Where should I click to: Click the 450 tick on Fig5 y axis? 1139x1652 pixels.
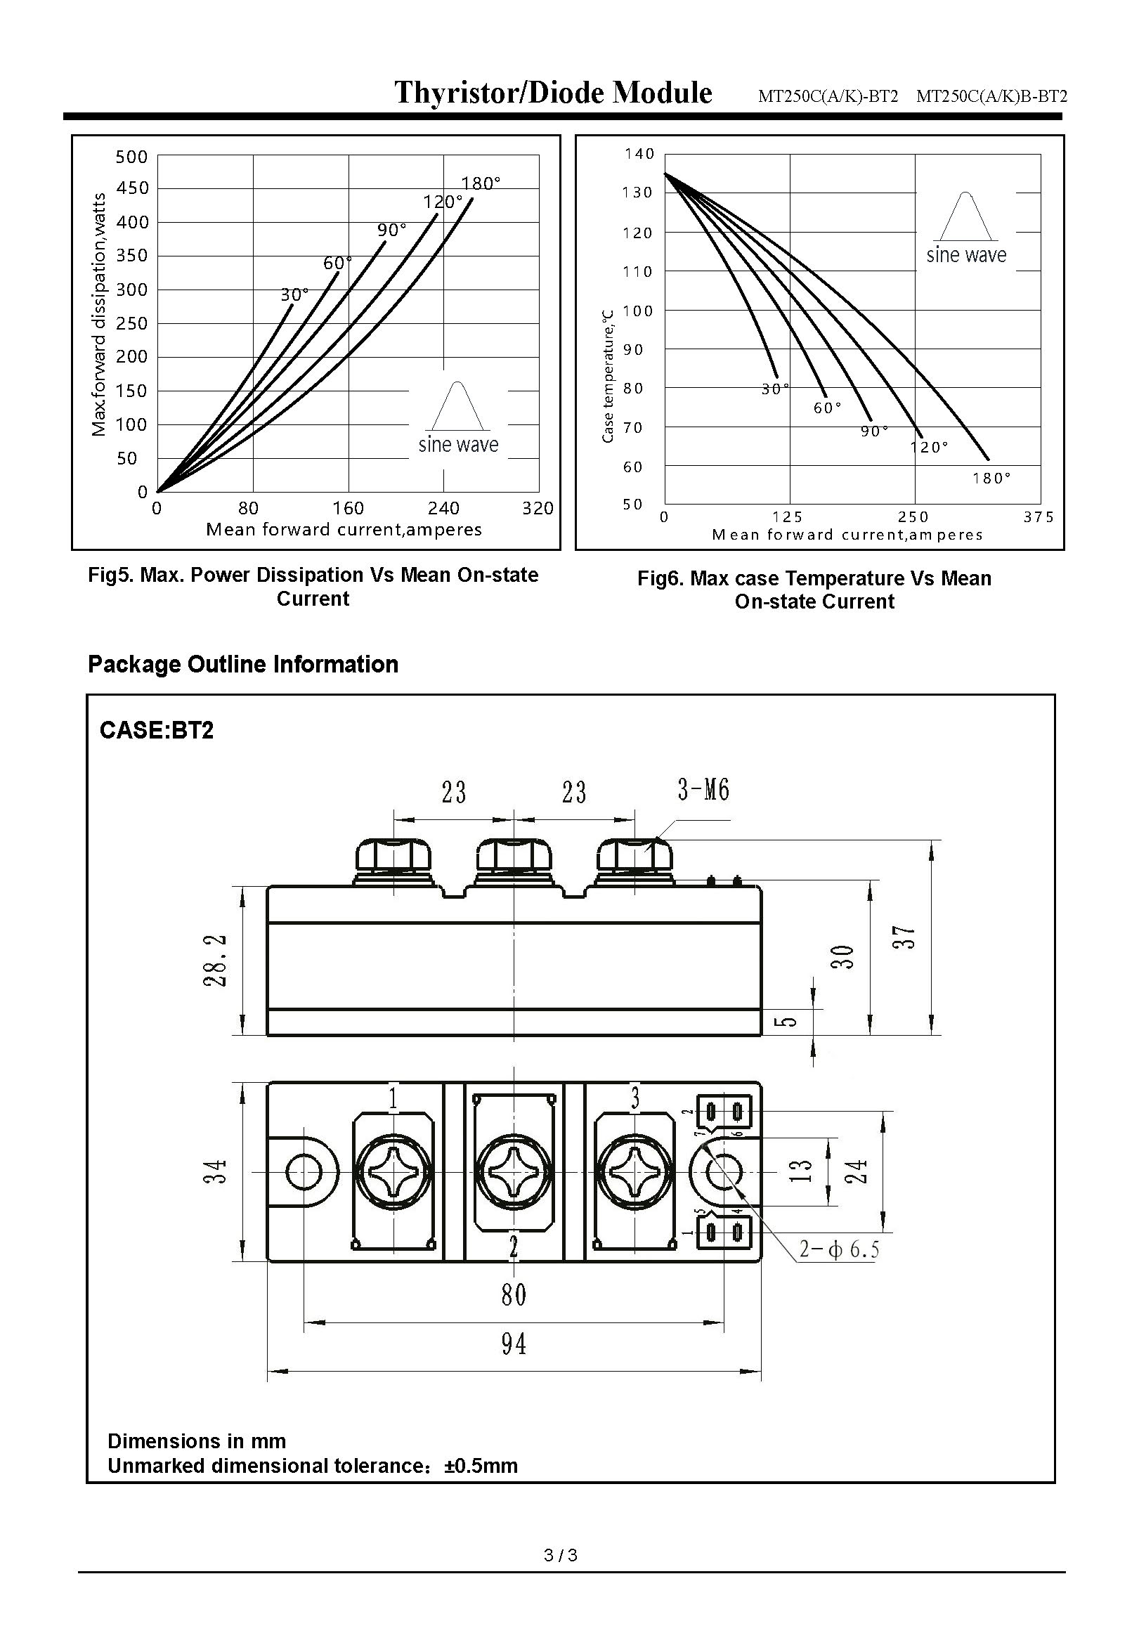(132, 188)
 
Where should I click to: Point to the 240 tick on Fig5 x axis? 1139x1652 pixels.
(443, 508)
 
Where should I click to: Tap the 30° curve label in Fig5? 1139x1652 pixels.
(294, 294)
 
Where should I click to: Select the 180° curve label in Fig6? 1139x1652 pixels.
(991, 479)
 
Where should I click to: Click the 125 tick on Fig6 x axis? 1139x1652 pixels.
(787, 516)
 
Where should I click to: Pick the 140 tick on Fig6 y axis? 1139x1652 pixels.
(639, 154)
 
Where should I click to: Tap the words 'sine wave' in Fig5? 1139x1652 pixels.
(458, 445)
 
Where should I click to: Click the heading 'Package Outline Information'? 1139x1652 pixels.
(242, 664)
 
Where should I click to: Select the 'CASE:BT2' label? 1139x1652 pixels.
(156, 731)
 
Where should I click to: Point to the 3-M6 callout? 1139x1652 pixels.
(703, 790)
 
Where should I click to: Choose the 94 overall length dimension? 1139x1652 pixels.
(514, 1344)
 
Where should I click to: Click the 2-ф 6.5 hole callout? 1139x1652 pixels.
(838, 1249)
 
